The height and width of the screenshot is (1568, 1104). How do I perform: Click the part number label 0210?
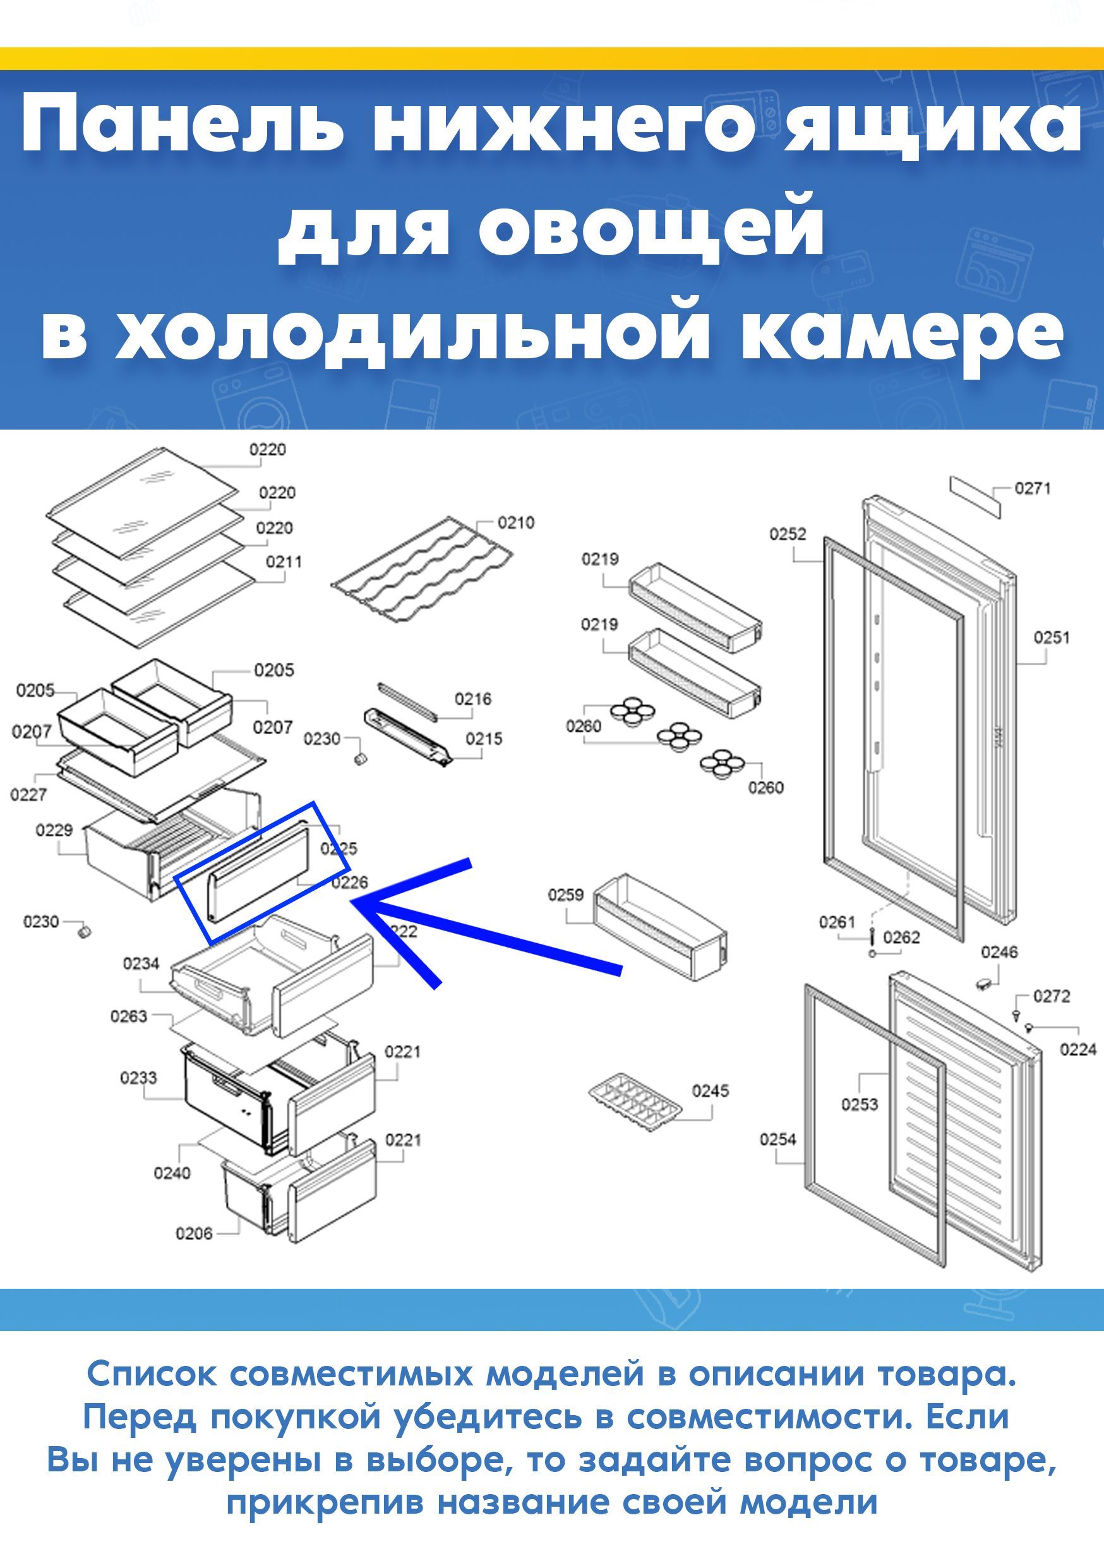tap(515, 523)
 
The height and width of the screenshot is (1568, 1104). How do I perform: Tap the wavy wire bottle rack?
tap(422, 571)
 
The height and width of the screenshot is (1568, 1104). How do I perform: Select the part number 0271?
tap(1032, 488)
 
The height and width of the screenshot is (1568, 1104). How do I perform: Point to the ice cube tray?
tap(635, 1104)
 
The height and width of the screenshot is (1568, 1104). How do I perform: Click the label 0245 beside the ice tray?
tap(711, 1091)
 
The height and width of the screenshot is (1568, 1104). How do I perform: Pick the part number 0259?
tap(566, 895)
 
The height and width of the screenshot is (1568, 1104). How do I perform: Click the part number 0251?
tap(1052, 638)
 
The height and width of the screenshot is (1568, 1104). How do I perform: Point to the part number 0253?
tap(860, 1104)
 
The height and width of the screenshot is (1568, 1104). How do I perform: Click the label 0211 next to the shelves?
tap(284, 562)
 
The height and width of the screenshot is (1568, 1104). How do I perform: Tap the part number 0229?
tap(54, 831)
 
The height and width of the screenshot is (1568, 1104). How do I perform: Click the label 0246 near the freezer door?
tap(1000, 952)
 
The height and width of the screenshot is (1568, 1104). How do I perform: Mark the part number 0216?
tap(473, 699)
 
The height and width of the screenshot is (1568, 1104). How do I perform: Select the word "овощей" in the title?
tap(652, 228)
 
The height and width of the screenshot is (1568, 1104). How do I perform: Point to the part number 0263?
tap(129, 1017)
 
